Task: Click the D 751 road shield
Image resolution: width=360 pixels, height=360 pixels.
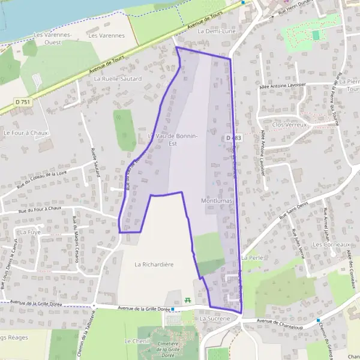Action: [21, 102]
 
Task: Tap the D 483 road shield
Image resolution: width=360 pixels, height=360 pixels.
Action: [234, 138]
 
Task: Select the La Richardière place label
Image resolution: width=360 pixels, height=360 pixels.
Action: [154, 263]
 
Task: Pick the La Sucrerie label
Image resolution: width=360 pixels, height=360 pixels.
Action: [215, 319]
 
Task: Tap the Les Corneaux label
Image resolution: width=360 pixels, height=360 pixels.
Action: [331, 245]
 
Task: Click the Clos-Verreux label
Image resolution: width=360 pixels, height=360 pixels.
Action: [289, 125]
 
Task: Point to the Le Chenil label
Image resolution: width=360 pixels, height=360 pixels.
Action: [133, 341]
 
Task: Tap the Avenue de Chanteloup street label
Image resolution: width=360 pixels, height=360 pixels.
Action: [281, 321]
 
